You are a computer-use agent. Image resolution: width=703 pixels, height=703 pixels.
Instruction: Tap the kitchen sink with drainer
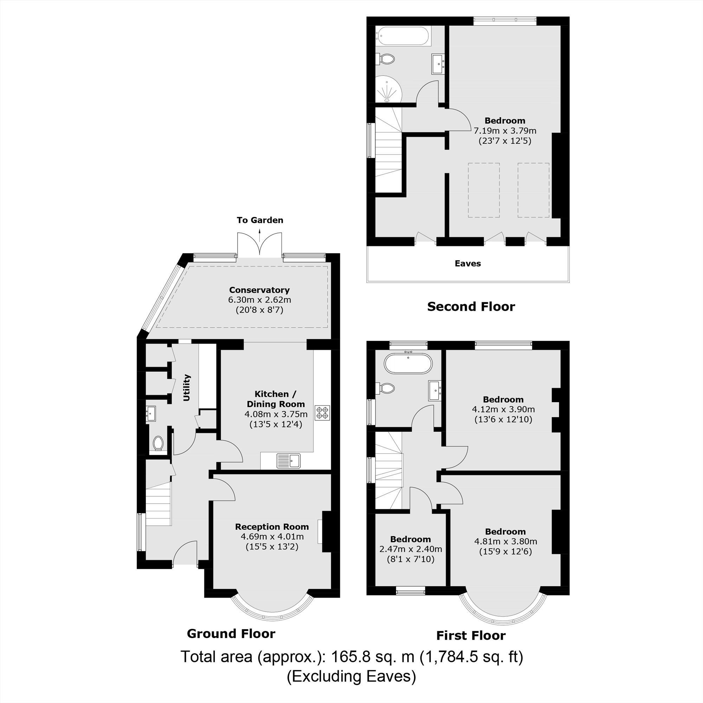click(289, 461)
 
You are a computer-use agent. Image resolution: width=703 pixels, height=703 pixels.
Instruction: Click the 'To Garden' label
click(260, 220)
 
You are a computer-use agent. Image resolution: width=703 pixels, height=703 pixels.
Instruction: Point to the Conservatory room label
click(259, 290)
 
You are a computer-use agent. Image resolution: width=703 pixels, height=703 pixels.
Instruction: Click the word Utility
click(187, 387)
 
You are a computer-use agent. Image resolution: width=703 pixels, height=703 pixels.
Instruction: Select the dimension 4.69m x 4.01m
click(272, 536)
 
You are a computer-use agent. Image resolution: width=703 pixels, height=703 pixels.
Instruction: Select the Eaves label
click(467, 263)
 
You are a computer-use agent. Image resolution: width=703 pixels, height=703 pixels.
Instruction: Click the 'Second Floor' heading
click(471, 307)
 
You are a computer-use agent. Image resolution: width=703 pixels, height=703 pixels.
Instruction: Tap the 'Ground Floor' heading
click(231, 633)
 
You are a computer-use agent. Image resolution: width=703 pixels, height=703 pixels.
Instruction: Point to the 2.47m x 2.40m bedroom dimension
click(411, 549)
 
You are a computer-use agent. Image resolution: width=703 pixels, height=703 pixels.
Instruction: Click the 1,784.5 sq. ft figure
click(472, 657)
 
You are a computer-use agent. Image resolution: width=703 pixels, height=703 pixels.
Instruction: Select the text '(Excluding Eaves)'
click(351, 676)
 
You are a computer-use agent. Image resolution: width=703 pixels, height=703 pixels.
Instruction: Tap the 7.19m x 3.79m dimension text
click(505, 130)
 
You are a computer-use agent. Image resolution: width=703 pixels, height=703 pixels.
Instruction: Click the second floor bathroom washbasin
click(438, 64)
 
